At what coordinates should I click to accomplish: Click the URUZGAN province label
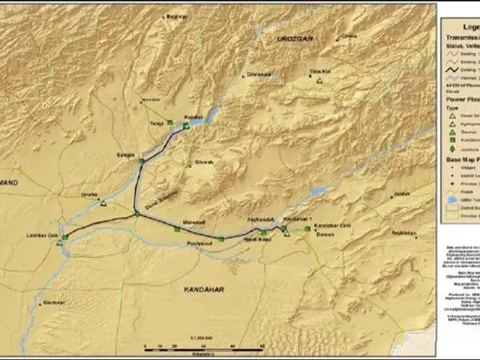pyautogui.click(x=293, y=38)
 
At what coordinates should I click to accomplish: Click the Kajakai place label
pyautogui.click(x=193, y=118)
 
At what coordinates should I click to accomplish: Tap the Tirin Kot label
pyautogui.click(x=320, y=72)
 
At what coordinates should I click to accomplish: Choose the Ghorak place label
pyautogui.click(x=204, y=161)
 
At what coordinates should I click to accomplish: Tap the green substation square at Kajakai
pyautogui.click(x=186, y=126)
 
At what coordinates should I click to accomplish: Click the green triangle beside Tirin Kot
pyautogui.click(x=319, y=80)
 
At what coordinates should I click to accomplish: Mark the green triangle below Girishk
pyautogui.click(x=103, y=203)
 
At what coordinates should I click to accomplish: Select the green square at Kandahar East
pyautogui.click(x=307, y=228)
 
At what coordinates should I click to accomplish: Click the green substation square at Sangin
pyautogui.click(x=141, y=160)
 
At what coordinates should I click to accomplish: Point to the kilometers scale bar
pyautogui.click(x=202, y=348)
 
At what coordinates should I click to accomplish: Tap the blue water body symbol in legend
pyautogui.click(x=451, y=199)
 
